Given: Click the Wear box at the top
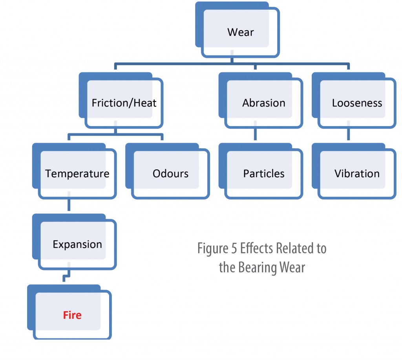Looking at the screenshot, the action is click(238, 29).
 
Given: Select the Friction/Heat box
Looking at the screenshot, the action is click(121, 100).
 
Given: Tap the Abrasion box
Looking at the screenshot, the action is click(261, 100).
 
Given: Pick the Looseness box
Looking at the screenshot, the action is click(354, 100).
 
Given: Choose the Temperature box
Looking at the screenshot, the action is click(74, 171).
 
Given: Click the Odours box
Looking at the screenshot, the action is click(168, 171).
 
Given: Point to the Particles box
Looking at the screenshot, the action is click(261, 171).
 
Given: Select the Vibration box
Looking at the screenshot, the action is click(354, 171).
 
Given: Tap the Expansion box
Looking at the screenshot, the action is click(74, 242).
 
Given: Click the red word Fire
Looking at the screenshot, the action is click(72, 315).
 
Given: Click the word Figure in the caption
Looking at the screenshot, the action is click(212, 248).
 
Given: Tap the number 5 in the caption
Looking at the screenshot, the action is click(234, 248).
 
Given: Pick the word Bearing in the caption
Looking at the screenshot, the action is click(257, 268).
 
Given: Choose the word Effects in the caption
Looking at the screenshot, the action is click(256, 248).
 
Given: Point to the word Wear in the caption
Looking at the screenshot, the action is click(292, 267).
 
